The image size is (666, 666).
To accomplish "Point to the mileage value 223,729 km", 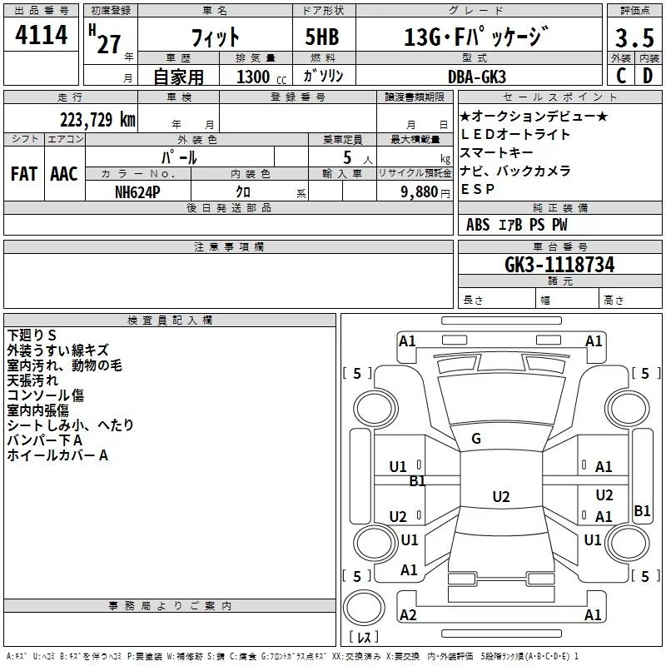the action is tap(97, 119).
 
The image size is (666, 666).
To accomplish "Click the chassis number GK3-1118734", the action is tap(559, 265).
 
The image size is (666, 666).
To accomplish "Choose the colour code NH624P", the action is tap(139, 191).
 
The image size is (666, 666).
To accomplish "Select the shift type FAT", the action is tap(23, 173).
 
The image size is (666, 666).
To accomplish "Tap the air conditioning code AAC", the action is tap(63, 173).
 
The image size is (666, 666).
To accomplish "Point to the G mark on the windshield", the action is tap(476, 439).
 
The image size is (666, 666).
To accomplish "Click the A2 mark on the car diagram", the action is tap(408, 614).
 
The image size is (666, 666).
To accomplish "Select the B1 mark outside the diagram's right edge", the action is tap(642, 511).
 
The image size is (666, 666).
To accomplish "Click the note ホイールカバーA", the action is tap(57, 455).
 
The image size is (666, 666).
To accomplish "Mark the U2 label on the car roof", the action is tap(500, 497).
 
